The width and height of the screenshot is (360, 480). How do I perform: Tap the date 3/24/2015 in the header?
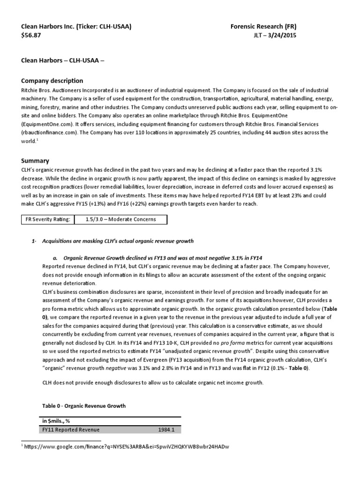tap(283, 35)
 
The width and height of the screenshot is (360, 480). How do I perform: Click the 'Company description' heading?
tap(52, 81)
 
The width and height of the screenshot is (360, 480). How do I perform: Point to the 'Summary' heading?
tap(35, 160)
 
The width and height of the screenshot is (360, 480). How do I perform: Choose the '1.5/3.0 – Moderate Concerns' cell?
tap(121, 219)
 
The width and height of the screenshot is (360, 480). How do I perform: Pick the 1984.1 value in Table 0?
tap(168, 429)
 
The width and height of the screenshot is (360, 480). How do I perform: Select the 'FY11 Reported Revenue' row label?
tap(71, 429)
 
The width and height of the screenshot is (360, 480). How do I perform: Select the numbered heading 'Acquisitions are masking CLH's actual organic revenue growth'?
tap(118, 241)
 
